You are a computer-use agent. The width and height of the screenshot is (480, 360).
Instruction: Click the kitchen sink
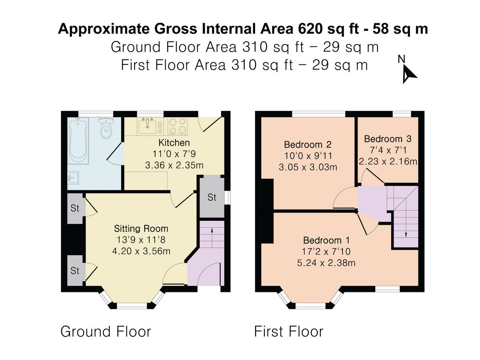[148, 126]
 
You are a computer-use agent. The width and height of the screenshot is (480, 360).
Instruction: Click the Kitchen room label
[174, 143]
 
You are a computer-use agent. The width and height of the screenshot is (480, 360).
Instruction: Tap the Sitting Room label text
[141, 229]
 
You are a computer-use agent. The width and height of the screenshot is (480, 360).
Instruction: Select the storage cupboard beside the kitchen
[212, 197]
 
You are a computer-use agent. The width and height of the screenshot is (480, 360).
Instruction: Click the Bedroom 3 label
[388, 139]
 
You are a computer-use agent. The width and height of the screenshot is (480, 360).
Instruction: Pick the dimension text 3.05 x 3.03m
[308, 167]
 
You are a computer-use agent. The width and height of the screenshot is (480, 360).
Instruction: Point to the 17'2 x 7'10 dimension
[326, 252]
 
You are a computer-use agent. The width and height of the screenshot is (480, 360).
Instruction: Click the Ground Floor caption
[106, 332]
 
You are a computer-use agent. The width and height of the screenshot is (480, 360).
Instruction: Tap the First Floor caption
[288, 332]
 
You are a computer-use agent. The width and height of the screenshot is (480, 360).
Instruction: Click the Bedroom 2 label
[308, 144]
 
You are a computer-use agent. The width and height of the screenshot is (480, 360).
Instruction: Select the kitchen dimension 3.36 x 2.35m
[174, 165]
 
